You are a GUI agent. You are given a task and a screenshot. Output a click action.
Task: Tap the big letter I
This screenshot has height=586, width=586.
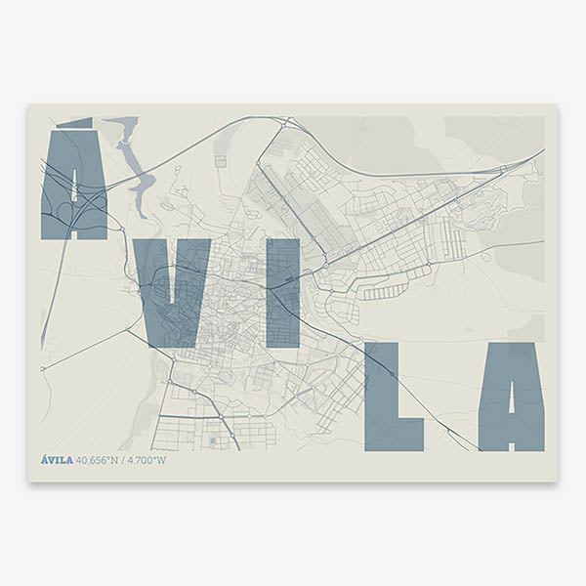coord(283,293)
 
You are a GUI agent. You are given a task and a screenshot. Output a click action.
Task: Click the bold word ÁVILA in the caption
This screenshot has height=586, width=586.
coord(57,460)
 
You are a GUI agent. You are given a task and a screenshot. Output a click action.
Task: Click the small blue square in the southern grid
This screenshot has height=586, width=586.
coord(212,441)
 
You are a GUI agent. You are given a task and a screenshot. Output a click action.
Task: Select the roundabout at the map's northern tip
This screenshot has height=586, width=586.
coord(289,122)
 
